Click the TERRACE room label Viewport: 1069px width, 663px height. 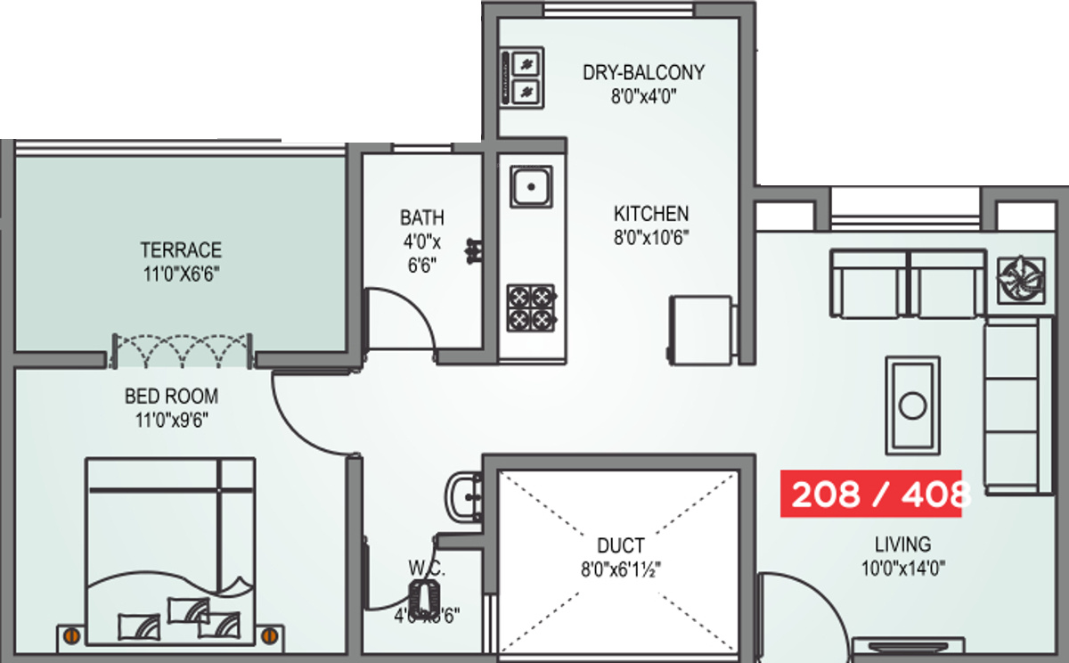tap(180, 250)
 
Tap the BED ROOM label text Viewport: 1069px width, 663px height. tap(171, 396)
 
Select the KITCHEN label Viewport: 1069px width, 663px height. tap(650, 214)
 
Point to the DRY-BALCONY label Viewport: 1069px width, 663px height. tap(643, 72)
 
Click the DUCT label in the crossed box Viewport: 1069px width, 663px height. tap(620, 545)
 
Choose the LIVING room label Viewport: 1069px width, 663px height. tap(902, 544)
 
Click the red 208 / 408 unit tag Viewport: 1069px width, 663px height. tap(870, 494)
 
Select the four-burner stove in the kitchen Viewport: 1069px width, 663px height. tap(531, 307)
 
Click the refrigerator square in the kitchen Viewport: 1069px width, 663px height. tap(701, 329)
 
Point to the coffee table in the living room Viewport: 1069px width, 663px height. tap(911, 405)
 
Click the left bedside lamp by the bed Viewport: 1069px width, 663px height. tap(70, 634)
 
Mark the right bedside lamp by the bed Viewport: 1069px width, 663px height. tap(270, 634)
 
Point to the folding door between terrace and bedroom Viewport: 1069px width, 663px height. tap(182, 351)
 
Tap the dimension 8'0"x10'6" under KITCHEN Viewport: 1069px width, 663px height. tap(650, 237)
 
